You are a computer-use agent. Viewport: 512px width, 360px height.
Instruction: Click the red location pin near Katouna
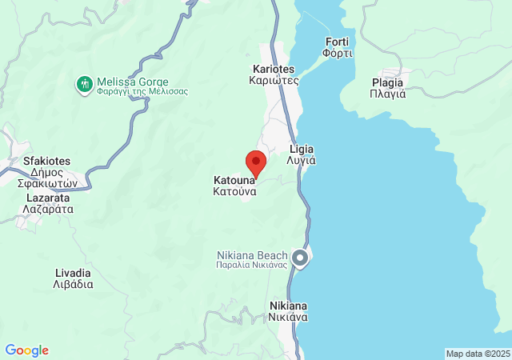255,161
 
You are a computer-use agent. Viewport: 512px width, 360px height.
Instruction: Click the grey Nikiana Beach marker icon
300,258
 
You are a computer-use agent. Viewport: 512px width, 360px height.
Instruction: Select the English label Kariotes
274,69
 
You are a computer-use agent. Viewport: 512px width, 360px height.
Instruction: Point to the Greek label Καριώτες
274,80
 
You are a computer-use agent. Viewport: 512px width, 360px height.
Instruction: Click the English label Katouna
234,180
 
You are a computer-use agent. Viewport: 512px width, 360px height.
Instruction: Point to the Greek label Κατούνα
234,192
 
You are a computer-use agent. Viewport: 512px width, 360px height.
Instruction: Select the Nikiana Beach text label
253,255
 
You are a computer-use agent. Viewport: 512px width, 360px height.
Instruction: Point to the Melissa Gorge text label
133,82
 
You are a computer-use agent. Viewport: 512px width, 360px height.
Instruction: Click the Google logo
26,350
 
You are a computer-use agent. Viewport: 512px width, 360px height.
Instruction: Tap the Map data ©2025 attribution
478,354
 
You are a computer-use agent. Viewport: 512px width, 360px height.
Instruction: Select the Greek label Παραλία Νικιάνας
252,266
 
